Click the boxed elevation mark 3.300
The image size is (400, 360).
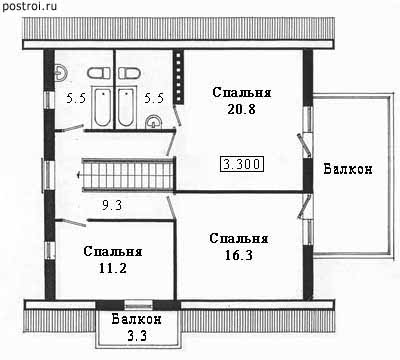(x=242, y=164)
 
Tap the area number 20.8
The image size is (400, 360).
(x=241, y=109)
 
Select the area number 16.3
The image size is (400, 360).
(x=239, y=255)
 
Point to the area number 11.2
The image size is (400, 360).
(x=113, y=268)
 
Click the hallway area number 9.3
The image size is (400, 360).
(x=112, y=205)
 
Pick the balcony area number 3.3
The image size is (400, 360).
(x=137, y=335)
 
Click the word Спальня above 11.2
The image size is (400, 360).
(x=113, y=251)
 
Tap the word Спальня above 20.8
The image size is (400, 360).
(x=242, y=92)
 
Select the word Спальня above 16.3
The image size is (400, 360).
(x=239, y=238)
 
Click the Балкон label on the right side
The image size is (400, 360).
(x=348, y=169)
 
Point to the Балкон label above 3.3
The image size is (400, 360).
(x=137, y=319)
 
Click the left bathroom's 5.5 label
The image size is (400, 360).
(x=76, y=98)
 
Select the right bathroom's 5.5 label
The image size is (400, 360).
(x=154, y=98)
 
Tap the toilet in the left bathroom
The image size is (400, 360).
(x=99, y=73)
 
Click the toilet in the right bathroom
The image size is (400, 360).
(x=130, y=73)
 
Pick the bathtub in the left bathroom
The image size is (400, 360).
(x=102, y=107)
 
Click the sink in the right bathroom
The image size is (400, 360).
(x=153, y=121)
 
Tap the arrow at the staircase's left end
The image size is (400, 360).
(x=80, y=174)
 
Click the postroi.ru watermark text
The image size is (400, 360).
(x=29, y=6)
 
